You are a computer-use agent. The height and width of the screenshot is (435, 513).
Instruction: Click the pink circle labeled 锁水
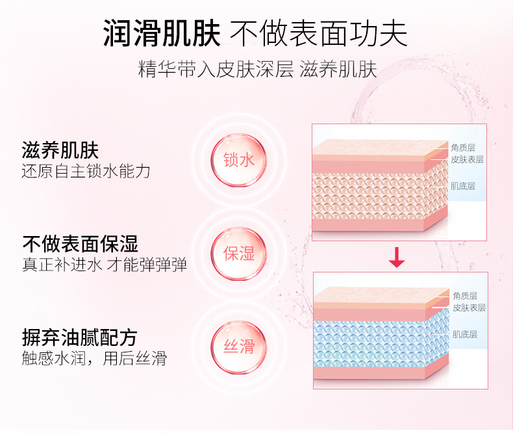238,159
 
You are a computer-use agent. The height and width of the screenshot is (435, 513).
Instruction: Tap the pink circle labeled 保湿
238,253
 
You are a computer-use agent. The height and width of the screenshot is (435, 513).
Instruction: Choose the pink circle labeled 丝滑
238,346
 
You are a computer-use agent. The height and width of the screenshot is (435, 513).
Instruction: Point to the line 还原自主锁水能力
86,172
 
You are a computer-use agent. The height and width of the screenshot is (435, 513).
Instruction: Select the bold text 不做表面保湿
80,244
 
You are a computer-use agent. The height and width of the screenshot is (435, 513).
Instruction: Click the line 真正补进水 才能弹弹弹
105,265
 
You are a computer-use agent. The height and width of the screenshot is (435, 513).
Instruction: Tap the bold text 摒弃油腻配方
80,337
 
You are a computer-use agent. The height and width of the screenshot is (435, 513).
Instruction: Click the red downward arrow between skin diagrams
396,258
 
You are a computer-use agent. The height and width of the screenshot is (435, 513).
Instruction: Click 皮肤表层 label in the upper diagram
467,159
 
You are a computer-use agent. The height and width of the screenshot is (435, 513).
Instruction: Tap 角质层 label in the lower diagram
465,296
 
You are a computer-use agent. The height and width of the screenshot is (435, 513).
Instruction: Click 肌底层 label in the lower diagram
465,334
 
